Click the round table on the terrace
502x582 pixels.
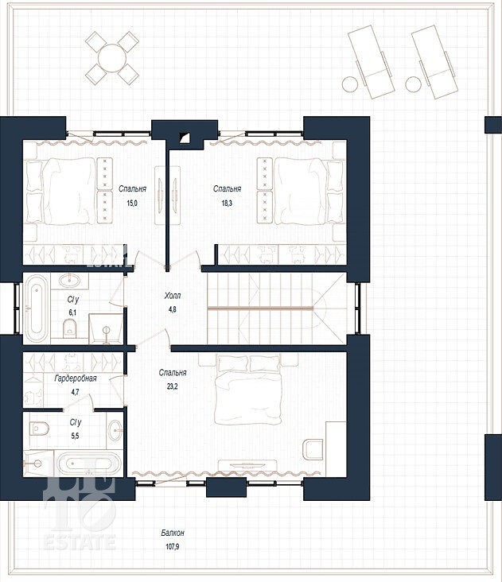click(x=111, y=58)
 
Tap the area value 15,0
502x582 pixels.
click(x=132, y=203)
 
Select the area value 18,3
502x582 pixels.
click(x=227, y=203)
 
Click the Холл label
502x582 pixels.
click(x=173, y=296)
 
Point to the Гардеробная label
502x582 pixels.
click(x=76, y=378)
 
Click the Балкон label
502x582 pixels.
click(x=173, y=533)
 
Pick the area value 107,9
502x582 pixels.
click(x=173, y=547)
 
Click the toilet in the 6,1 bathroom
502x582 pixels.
click(x=69, y=328)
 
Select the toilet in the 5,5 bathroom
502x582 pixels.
click(x=39, y=429)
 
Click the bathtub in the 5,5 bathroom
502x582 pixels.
click(x=88, y=464)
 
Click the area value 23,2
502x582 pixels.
click(x=173, y=386)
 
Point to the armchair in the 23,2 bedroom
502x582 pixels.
click(x=313, y=449)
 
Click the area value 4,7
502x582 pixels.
click(x=76, y=392)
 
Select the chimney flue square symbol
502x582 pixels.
click(x=184, y=138)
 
